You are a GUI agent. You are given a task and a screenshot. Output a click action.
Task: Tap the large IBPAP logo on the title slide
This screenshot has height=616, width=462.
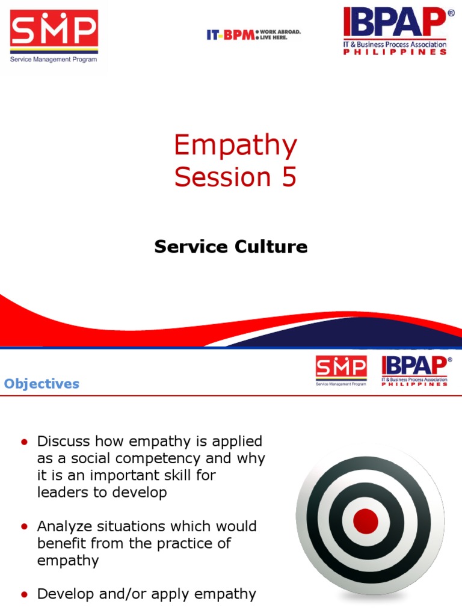pyautogui.click(x=395, y=31)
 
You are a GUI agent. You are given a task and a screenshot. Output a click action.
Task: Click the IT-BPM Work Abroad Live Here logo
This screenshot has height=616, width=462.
pyautogui.click(x=253, y=35)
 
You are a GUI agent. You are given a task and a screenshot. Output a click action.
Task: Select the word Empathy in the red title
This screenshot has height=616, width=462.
pyautogui.click(x=236, y=146)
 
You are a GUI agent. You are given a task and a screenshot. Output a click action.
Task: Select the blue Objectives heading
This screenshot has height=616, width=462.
pyautogui.click(x=42, y=384)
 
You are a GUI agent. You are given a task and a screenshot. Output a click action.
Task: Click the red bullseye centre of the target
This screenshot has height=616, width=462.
pyautogui.click(x=366, y=521)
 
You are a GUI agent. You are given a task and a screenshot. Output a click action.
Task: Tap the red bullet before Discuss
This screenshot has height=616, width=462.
pyautogui.click(x=25, y=442)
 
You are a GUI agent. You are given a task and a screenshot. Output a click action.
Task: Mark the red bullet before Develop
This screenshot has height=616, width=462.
pyautogui.click(x=25, y=594)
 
